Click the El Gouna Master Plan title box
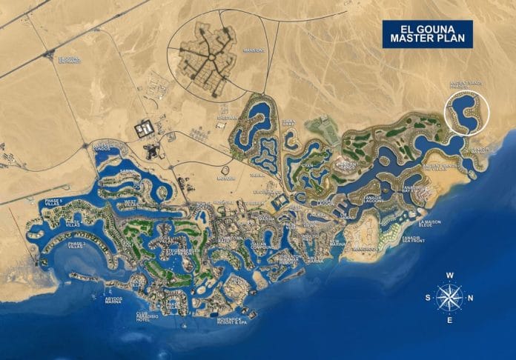click(428, 34)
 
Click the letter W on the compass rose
click(449, 275)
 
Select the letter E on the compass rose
click(449, 321)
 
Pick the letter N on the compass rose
click(472, 299)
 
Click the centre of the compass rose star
click(449, 298)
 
